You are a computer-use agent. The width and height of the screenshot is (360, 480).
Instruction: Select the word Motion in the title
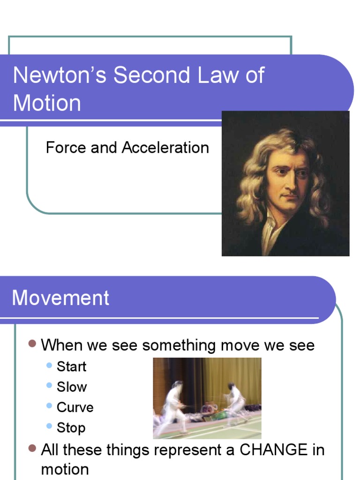coord(47,103)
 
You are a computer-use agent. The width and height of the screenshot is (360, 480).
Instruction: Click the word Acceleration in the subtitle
coord(165,148)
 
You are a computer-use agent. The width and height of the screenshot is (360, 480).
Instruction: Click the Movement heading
coord(60,298)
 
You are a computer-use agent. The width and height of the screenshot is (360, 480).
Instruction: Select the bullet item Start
coord(71,367)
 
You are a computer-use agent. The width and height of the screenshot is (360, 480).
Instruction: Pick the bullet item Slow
coord(71,387)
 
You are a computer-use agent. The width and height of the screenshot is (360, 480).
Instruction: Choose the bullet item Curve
coord(75,407)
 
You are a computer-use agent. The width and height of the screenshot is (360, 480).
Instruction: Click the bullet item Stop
coord(71,427)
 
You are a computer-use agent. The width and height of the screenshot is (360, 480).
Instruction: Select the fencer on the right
coord(234,403)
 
